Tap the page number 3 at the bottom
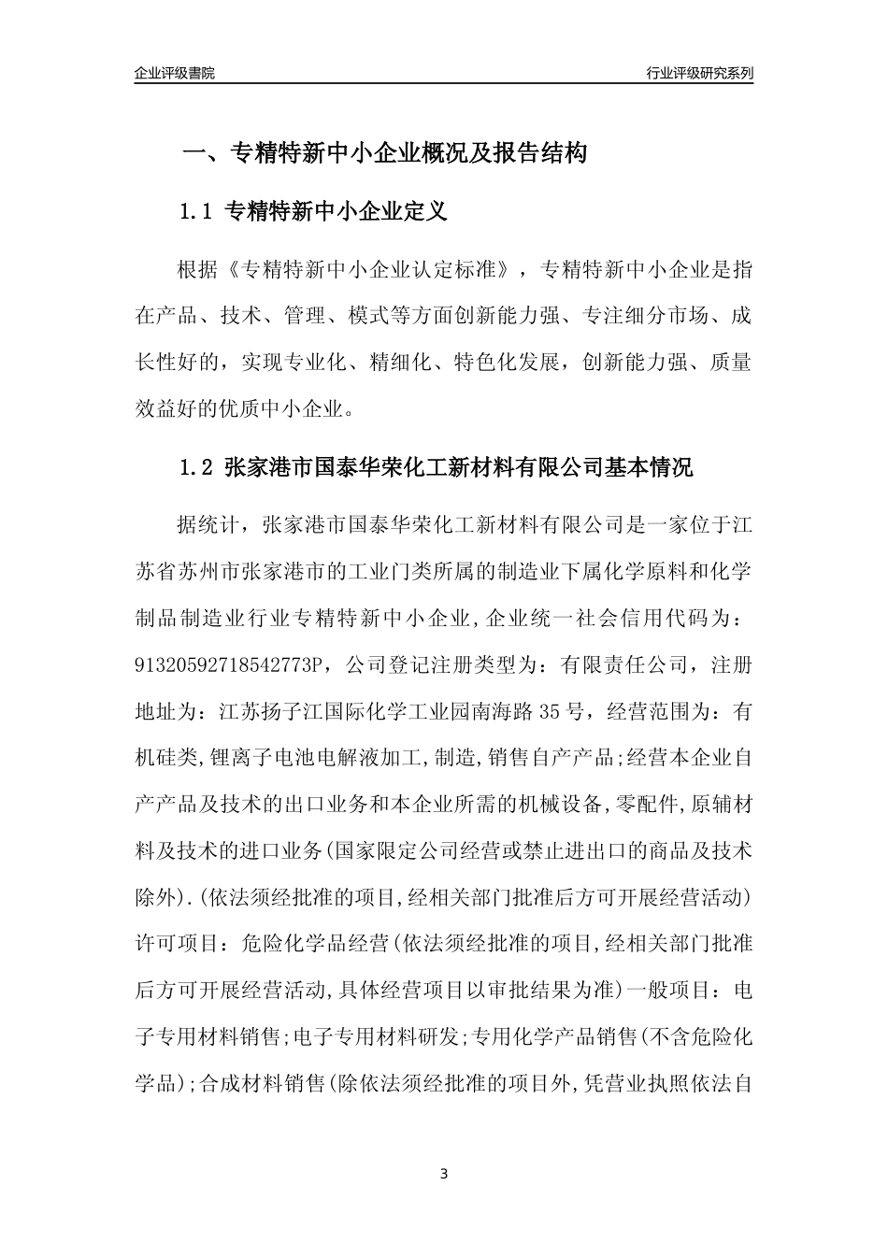[444, 1173]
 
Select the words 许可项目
[173, 945]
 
